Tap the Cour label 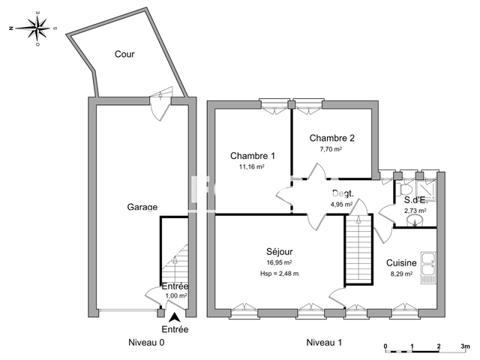(x=124, y=54)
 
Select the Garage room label (x=141, y=207)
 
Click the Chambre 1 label (x=252, y=156)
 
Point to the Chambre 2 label (x=331, y=138)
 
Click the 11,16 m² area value (x=251, y=167)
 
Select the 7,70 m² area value (x=331, y=149)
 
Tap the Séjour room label (x=279, y=251)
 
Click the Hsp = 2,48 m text (x=279, y=273)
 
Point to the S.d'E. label (x=415, y=199)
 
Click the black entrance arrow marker (x=175, y=318)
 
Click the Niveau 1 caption (x=324, y=343)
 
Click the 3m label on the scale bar (x=465, y=347)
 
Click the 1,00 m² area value (x=175, y=296)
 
